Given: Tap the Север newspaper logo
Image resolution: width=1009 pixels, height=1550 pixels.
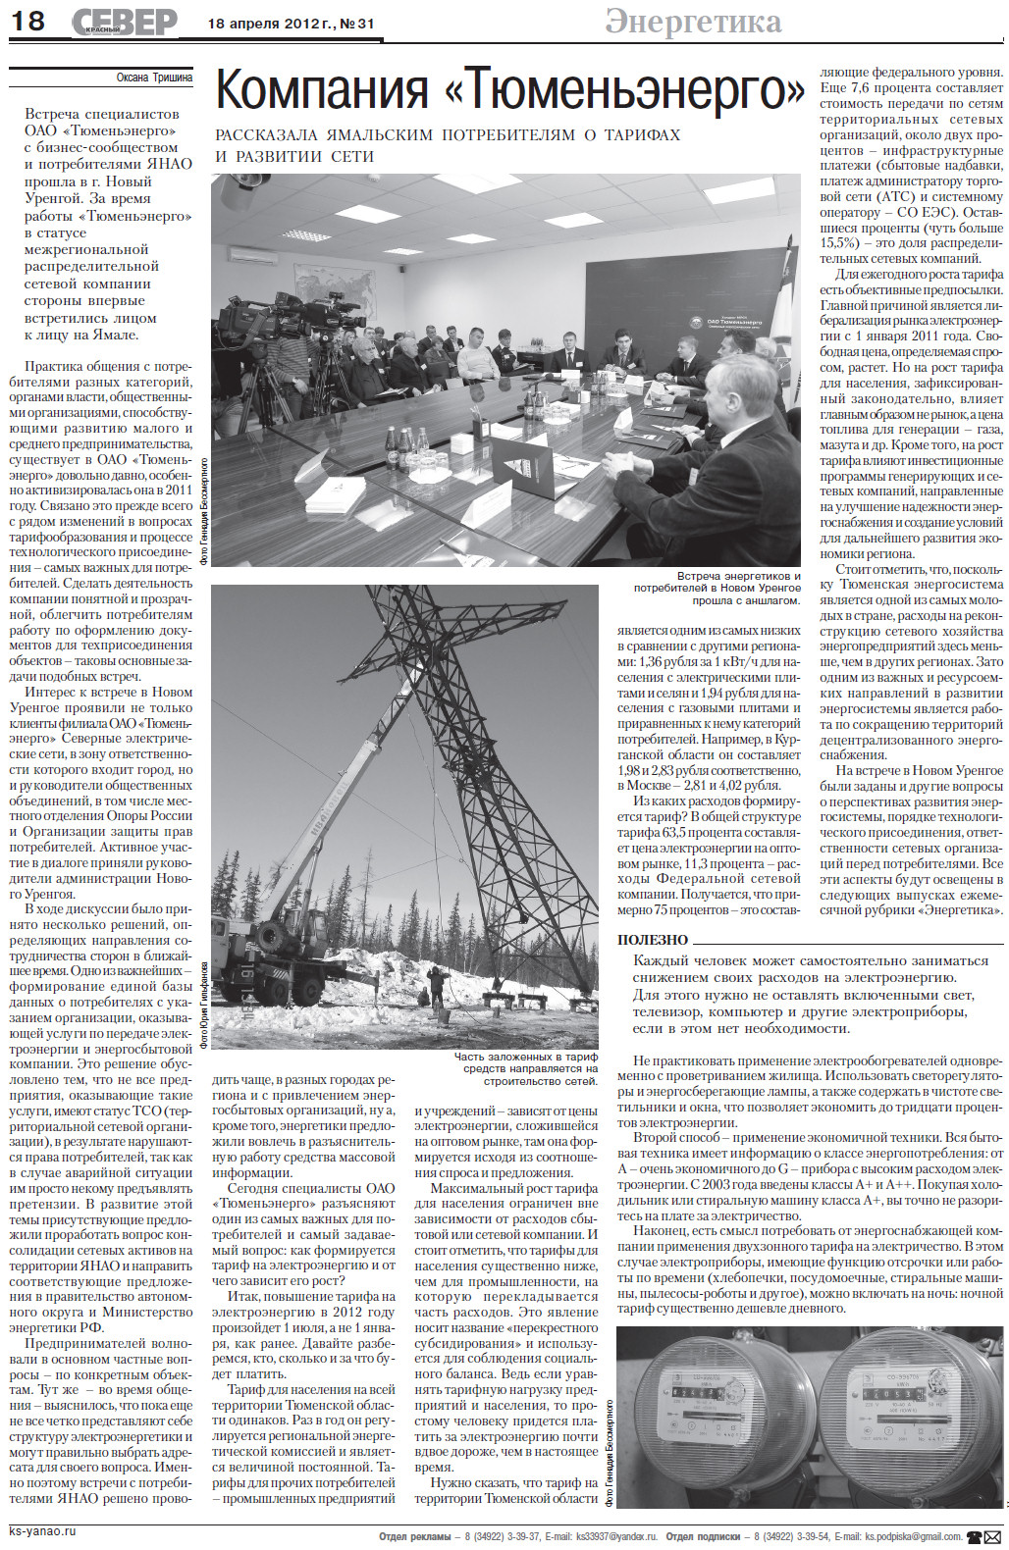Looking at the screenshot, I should [125, 22].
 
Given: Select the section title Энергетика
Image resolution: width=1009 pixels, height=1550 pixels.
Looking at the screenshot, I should [693, 22].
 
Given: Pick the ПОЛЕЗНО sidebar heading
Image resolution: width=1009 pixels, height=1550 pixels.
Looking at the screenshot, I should [653, 940].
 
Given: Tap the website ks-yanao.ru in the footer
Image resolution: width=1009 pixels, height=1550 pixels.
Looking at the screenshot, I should [42, 1530].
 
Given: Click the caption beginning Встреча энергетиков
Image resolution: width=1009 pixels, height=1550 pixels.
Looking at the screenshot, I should [717, 588].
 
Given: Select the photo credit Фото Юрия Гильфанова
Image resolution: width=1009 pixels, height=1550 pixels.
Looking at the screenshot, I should [204, 1005].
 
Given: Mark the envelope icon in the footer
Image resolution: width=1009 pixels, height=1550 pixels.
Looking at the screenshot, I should [992, 1536].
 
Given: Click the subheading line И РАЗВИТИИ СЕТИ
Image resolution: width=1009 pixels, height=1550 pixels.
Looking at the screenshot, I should [294, 156].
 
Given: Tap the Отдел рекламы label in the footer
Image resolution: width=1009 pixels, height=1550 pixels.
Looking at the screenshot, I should [414, 1536].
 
